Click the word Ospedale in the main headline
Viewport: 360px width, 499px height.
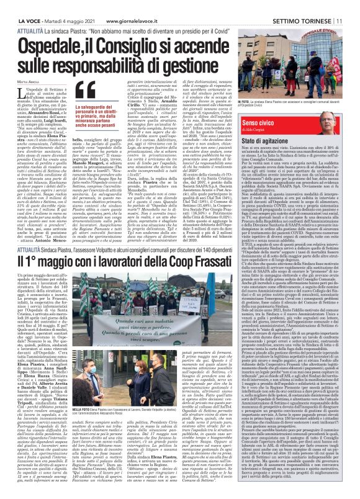point(53,43)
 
